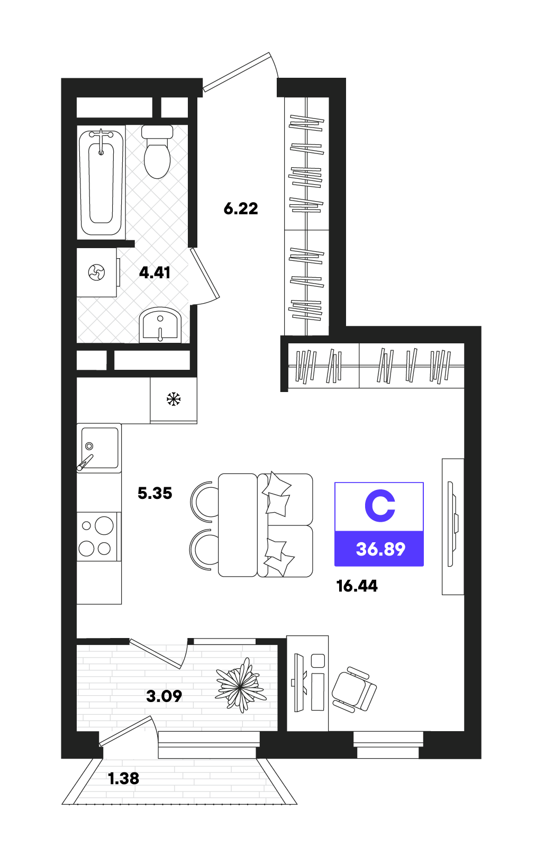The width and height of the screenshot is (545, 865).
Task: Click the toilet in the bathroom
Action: [x=157, y=151]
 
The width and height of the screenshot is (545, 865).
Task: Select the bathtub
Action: [x=101, y=183]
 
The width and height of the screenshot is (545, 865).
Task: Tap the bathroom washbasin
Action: [x=160, y=325]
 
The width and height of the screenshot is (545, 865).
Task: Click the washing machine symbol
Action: [x=96, y=272]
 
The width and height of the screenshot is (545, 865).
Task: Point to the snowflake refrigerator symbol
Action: [x=174, y=399]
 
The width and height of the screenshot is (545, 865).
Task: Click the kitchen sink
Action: [x=99, y=448]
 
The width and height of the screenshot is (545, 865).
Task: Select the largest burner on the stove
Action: [x=104, y=525]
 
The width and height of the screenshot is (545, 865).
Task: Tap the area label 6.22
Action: [x=241, y=208]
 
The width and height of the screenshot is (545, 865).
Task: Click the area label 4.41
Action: [x=155, y=272]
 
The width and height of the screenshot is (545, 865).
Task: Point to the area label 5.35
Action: [x=155, y=493]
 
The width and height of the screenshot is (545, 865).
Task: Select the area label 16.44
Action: [x=357, y=586]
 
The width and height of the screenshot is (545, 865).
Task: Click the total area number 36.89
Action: [x=380, y=549]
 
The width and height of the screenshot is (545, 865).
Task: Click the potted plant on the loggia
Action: [x=240, y=686]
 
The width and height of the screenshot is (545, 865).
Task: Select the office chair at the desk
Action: [x=354, y=689]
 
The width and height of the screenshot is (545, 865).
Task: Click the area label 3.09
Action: [x=164, y=696]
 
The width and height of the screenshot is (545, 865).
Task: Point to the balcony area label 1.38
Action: [x=124, y=779]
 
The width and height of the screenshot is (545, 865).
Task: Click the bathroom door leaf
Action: [x=205, y=274]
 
